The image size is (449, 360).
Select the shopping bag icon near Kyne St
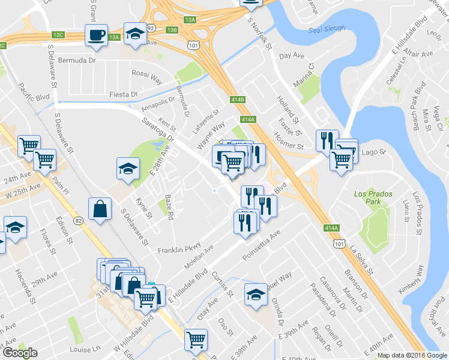tap(100, 209)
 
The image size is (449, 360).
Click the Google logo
tap(20, 352)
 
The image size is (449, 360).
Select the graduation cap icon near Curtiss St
tap(256, 295)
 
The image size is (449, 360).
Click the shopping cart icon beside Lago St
tap(341, 159)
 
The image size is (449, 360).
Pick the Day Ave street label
tap(292, 56)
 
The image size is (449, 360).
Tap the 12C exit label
tap(58, 35)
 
